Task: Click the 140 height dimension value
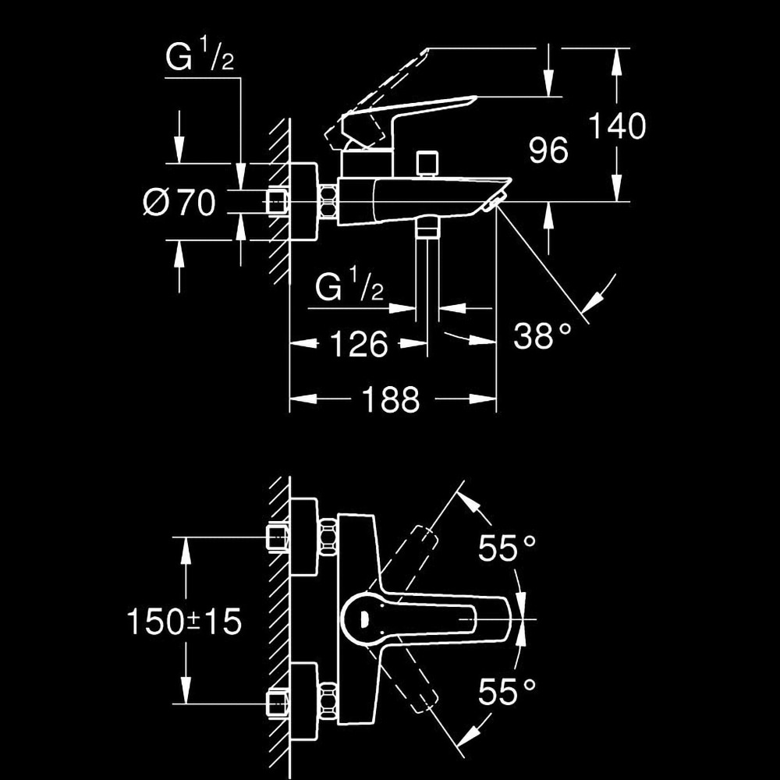click(616, 126)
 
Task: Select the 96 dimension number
click(548, 151)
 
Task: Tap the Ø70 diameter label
click(179, 203)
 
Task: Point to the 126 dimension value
click(359, 343)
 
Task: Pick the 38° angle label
click(542, 336)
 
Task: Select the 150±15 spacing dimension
click(184, 622)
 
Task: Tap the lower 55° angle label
click(507, 692)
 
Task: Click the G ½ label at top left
click(200, 60)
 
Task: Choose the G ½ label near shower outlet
click(349, 289)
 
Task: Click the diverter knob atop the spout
click(427, 164)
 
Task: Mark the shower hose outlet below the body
click(427, 228)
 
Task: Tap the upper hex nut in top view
click(328, 537)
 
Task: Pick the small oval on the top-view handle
click(363, 619)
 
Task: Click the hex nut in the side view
click(328, 203)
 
